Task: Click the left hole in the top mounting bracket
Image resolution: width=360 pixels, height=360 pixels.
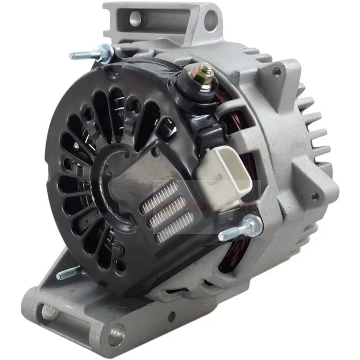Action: pos(136,19)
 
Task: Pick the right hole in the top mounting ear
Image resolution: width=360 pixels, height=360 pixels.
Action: pos(210,20)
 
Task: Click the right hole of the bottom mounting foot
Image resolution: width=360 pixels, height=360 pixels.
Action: pos(115,336)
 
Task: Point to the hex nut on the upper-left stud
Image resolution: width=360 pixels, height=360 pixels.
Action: pos(102,53)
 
